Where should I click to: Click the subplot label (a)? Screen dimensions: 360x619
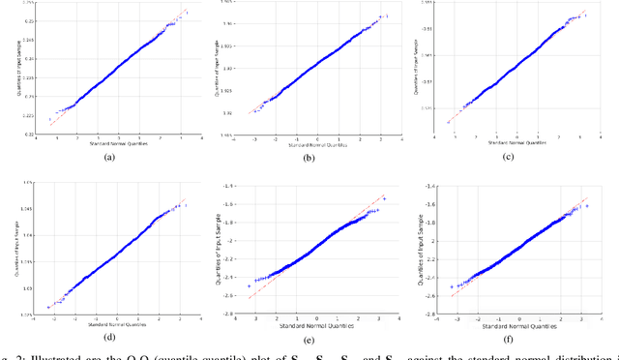(x=108, y=158)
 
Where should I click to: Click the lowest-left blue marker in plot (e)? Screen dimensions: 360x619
(x=251, y=286)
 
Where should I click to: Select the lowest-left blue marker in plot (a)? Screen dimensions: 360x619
(x=49, y=120)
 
